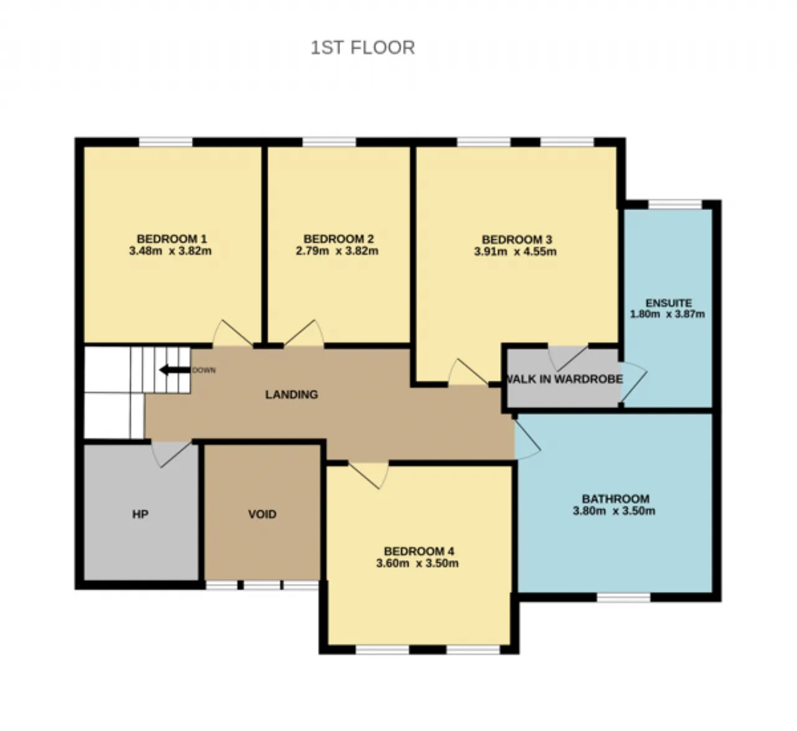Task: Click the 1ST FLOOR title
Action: tap(362, 48)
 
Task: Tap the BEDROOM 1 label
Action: tap(172, 239)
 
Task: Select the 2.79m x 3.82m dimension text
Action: tap(337, 251)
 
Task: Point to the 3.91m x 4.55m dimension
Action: tap(516, 251)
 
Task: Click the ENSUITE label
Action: tap(669, 303)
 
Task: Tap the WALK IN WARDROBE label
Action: tap(564, 379)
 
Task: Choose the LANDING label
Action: tap(291, 394)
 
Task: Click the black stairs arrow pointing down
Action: tap(175, 370)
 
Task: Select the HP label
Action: tap(140, 514)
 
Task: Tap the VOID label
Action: tap(262, 514)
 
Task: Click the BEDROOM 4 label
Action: tap(419, 552)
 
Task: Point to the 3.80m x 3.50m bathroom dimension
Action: tap(614, 510)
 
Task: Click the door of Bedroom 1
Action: tap(232, 333)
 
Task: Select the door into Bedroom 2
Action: tap(304, 333)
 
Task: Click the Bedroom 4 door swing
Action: tap(369, 475)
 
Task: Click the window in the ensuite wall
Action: tap(675, 204)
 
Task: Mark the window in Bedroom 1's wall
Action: tap(166, 142)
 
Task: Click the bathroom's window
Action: tap(623, 597)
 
